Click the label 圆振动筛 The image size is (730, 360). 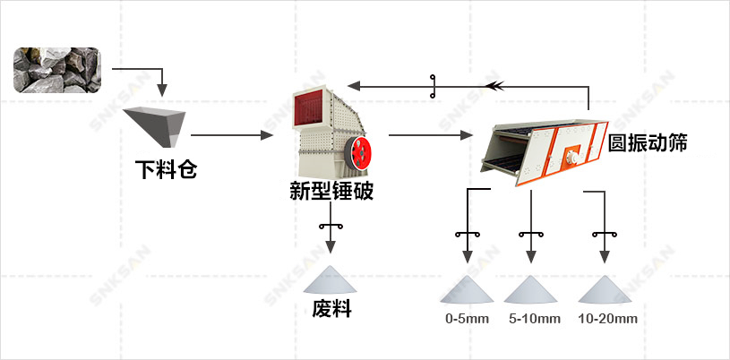pos(647,142)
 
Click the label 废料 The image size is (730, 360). pos(331,309)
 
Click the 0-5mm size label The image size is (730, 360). pos(467,319)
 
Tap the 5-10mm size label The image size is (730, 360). pos(534,319)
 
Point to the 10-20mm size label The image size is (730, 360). pos(607,319)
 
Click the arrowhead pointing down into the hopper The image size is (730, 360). pos(162,91)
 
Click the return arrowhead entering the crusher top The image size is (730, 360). pos(355,86)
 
